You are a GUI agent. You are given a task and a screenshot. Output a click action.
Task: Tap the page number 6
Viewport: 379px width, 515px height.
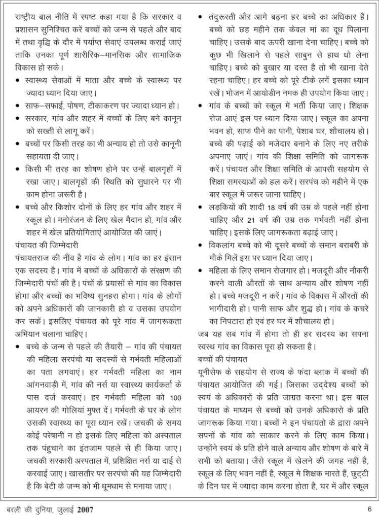[x=370, y=507]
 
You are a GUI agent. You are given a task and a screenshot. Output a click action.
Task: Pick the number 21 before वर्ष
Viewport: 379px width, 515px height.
[x=250, y=220]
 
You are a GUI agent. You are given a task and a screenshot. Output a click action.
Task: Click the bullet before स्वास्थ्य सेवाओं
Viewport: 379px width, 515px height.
[x=18, y=81]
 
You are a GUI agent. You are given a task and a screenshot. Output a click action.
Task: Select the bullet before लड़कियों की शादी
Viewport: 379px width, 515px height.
[x=201, y=208]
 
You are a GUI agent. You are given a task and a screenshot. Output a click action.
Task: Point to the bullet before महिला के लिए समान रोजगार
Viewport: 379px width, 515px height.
[x=201, y=270]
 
